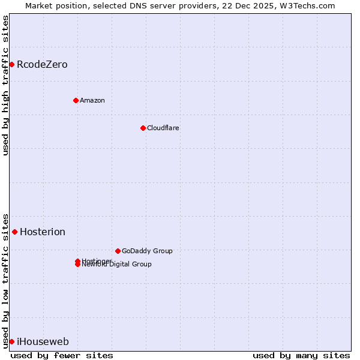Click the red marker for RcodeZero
point(11,64)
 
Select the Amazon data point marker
point(76,100)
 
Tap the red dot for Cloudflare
point(143,128)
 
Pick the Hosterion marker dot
point(14,232)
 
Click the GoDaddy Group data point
point(118,251)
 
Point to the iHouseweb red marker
point(11,341)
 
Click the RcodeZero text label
point(42,64)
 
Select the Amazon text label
point(92,100)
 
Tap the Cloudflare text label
point(163,128)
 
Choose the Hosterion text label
point(43,232)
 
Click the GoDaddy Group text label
point(147,251)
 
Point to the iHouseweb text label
point(43,341)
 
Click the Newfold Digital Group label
point(117,265)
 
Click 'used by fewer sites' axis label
point(62,355)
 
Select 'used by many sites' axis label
point(301,355)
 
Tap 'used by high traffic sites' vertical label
point(5,85)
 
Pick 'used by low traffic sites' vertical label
point(5,280)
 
